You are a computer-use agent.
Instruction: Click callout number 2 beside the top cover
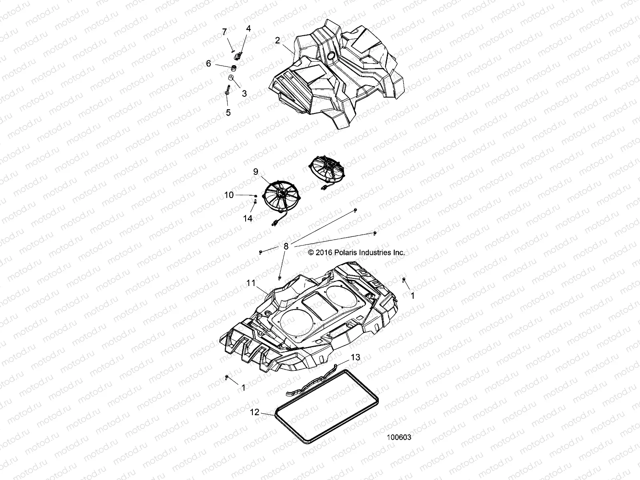click(278, 40)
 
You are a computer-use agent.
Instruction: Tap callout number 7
click(224, 32)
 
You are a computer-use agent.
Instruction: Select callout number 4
click(248, 28)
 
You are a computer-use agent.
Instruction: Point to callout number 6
click(220, 63)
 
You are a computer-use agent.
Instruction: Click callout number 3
click(244, 94)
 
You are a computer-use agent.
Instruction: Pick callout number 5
click(228, 113)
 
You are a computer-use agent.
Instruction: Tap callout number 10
click(229, 195)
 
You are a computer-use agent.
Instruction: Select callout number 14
click(248, 218)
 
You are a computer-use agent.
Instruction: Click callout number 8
click(286, 246)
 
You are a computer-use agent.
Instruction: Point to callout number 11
click(251, 283)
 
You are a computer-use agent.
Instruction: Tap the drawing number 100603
click(399, 438)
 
